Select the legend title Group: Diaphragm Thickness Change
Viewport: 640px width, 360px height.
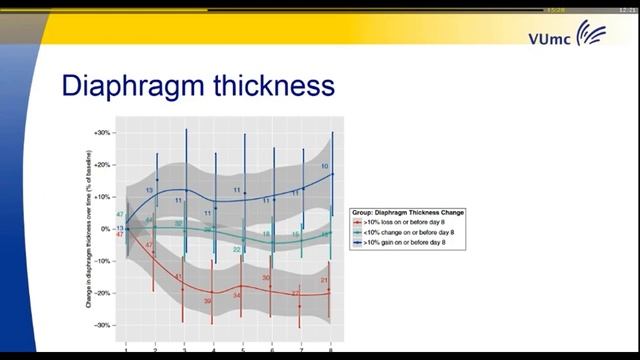point(407,212)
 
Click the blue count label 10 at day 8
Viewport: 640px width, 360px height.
point(324,165)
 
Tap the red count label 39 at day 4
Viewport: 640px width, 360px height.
point(208,301)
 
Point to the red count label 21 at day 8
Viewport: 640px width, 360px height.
point(325,280)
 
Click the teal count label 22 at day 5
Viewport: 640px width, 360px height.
point(237,249)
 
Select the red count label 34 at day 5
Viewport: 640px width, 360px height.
point(237,296)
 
